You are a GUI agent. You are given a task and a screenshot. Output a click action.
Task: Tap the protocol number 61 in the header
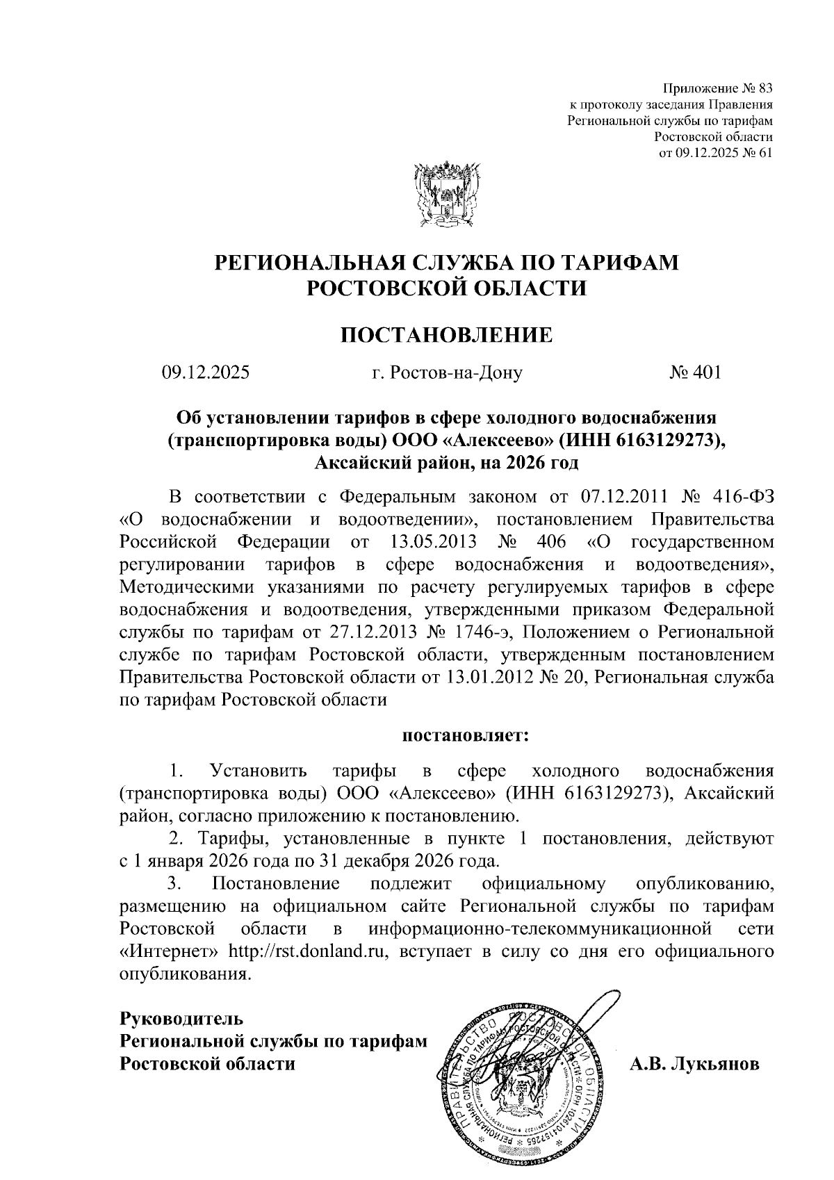(764, 154)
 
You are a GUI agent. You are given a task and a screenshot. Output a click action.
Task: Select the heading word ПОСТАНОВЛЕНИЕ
(446, 336)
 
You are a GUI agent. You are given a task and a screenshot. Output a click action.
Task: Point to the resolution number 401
(707, 373)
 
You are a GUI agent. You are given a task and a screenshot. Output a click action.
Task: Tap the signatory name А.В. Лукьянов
(694, 1065)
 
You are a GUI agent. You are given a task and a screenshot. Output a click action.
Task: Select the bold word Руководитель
(182, 1019)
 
